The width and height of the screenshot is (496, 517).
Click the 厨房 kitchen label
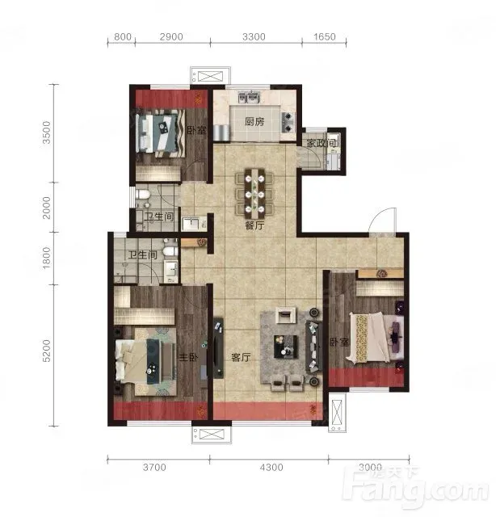tap(254, 122)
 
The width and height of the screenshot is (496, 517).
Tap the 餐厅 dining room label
tap(254, 225)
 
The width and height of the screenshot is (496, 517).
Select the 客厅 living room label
tap(241, 357)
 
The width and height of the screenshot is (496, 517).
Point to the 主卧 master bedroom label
tap(188, 357)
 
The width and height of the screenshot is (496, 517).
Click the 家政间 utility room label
tap(322, 143)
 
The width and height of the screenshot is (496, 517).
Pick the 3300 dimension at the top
tap(254, 36)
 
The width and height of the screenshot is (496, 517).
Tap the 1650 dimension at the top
tap(325, 36)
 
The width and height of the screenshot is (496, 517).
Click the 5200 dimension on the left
tap(47, 351)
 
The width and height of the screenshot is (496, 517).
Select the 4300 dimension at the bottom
tap(271, 467)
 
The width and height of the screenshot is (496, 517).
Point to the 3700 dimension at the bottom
tap(154, 467)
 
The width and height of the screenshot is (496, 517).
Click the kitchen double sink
tap(250, 97)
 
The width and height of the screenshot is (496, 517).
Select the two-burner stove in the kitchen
tap(288, 122)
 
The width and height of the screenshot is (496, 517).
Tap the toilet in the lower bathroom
tap(169, 251)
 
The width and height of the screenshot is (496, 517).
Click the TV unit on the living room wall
tap(217, 348)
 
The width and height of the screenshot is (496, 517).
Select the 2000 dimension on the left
tap(47, 208)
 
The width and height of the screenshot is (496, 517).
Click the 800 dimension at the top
tap(123, 36)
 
